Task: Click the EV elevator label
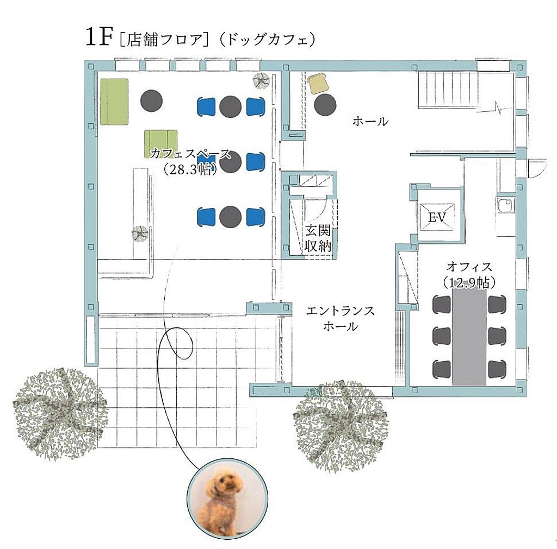pos(437,217)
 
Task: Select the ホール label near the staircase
pos(370,122)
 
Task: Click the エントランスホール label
pos(341,318)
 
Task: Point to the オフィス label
pos(469,266)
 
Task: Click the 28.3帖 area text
pos(190,169)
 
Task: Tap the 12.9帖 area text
pos(469,283)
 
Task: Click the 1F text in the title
pos(99,37)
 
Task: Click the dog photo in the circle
pos(227,497)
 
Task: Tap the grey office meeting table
pos(469,336)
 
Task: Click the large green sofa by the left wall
pos(114,102)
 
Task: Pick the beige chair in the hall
pos(318,83)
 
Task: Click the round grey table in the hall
pos(325,105)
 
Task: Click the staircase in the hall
pos(448,89)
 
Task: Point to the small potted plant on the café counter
pos(140,234)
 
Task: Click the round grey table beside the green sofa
pos(151,100)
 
